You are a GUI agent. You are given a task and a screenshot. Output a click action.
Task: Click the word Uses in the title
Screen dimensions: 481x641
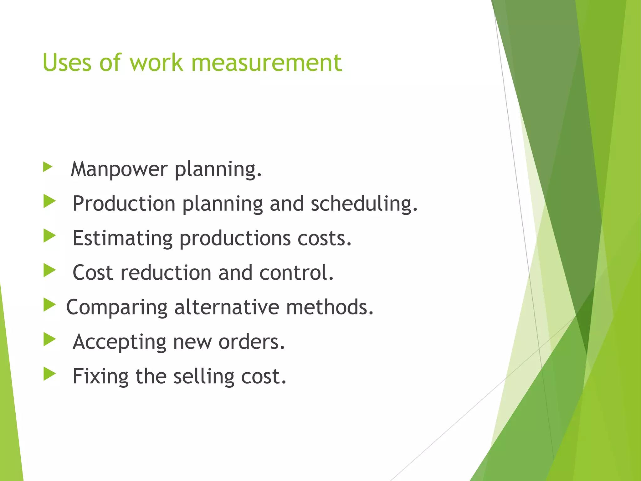pos(67,63)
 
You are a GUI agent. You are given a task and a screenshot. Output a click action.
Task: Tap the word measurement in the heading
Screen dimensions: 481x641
pos(266,63)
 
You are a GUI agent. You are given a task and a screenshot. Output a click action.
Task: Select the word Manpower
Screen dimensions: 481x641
pos(119,169)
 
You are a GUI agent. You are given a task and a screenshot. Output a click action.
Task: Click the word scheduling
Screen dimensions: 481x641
pos(364,204)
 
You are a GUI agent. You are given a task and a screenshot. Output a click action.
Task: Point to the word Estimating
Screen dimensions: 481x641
pos(122,238)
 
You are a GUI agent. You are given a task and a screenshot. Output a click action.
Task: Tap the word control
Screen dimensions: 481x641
pos(296,272)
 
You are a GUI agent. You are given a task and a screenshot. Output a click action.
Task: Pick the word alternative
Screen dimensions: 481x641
pos(227,307)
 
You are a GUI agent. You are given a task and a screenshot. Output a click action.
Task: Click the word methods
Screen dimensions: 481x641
pos(330,307)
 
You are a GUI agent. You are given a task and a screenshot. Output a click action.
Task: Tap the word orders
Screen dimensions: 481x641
pos(252,342)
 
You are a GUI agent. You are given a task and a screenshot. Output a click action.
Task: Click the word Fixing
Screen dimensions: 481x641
pos(100,376)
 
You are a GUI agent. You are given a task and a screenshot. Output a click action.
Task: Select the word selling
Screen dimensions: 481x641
pos(204,376)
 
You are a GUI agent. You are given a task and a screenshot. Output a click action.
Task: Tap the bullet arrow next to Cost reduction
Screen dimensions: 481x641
pos(49,270)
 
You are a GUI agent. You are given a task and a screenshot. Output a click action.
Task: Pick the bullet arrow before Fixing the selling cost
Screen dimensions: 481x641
pos(49,374)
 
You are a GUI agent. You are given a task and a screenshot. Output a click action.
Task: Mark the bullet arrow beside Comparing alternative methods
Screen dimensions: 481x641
pos(49,305)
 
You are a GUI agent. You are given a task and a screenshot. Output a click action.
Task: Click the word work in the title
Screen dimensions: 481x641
pos(156,63)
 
